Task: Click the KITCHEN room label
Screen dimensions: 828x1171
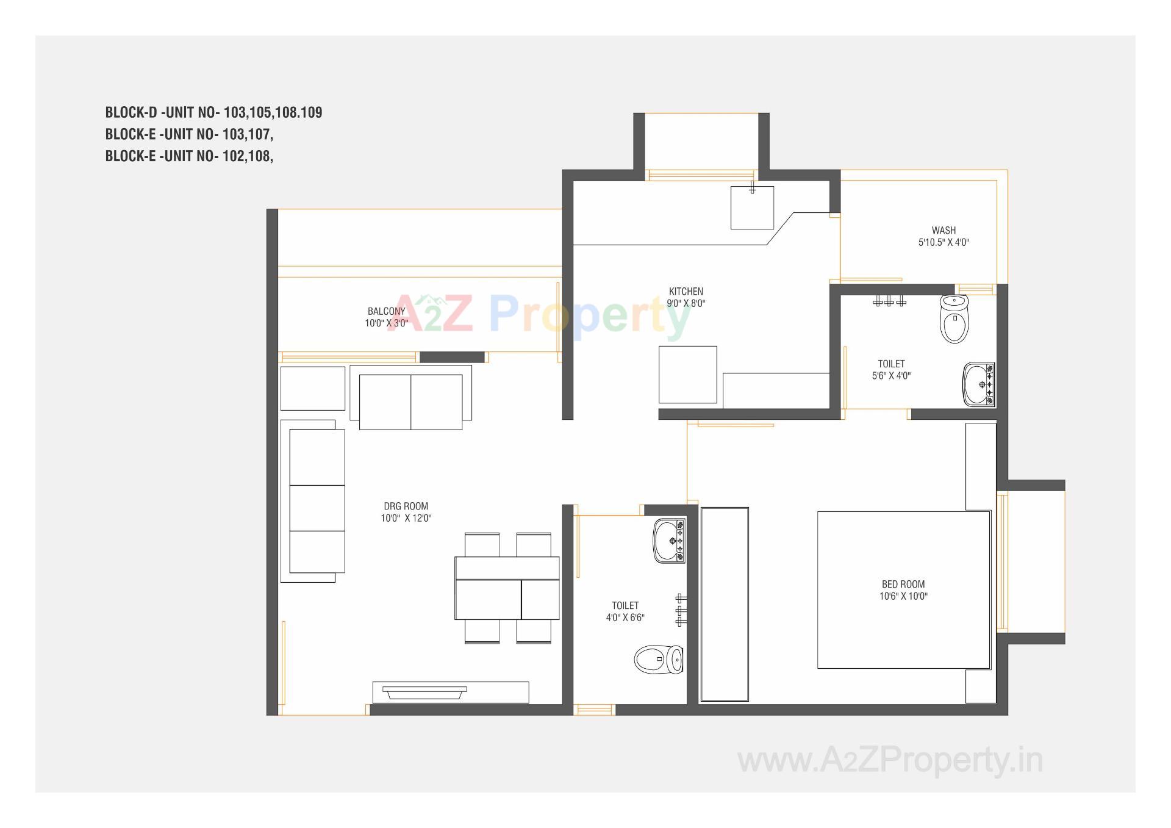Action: (x=686, y=292)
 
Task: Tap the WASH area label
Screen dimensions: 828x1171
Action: (x=944, y=231)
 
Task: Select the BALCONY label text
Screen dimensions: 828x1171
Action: (x=386, y=311)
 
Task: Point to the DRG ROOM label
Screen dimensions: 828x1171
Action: (x=406, y=506)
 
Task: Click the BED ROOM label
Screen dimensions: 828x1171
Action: (x=903, y=585)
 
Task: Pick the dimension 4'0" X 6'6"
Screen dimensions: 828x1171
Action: (x=625, y=617)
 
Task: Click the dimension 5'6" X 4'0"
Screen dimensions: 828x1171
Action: (x=891, y=376)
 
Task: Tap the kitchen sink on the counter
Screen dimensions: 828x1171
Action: (x=752, y=208)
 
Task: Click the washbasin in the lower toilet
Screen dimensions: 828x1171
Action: (x=668, y=541)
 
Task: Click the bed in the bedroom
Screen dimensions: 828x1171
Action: (x=903, y=589)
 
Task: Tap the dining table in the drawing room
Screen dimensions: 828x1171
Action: (x=507, y=588)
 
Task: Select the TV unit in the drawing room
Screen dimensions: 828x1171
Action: (x=450, y=692)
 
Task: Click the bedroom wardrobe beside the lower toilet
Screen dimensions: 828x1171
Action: (x=724, y=604)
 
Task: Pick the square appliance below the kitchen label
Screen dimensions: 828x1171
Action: (x=687, y=375)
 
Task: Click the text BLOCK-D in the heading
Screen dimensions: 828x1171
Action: (x=131, y=112)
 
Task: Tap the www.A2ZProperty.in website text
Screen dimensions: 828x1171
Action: (x=890, y=761)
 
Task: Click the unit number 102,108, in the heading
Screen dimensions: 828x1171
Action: (x=247, y=156)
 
